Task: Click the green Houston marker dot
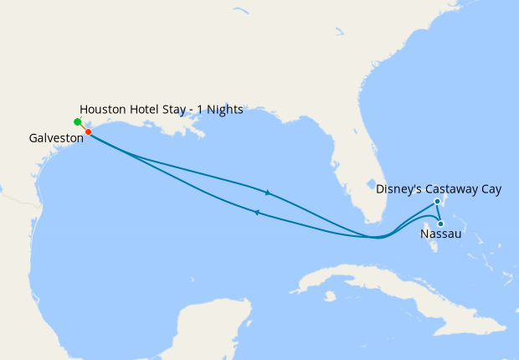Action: coord(78,121)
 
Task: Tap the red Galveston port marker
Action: coord(88,131)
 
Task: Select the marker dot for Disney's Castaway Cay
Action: coord(438,202)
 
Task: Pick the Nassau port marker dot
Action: coord(440,223)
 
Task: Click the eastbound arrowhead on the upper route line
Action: coord(268,193)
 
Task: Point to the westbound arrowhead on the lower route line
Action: coord(257,213)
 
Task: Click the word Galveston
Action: coord(55,138)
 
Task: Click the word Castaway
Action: coord(451,189)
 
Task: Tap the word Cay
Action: coord(491,189)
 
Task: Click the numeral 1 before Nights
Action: coord(202,110)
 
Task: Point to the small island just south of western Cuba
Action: coord(331,296)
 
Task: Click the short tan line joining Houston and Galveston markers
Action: coord(83,126)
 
